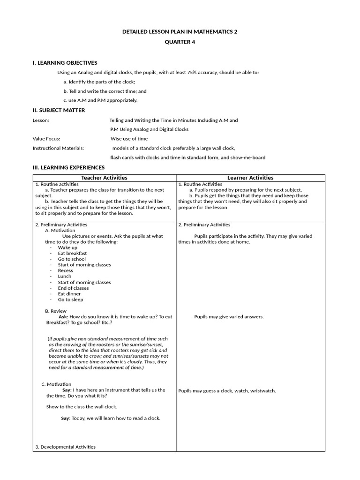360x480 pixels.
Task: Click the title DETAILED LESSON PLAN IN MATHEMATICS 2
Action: tap(180, 31)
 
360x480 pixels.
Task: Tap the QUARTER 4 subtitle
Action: tap(180, 42)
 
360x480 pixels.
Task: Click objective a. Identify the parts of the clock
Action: tap(99, 82)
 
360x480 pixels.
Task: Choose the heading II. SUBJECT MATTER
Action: tap(59, 110)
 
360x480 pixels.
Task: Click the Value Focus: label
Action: tap(46, 139)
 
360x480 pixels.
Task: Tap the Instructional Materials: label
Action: tap(58, 148)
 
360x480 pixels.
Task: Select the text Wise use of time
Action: tap(129, 139)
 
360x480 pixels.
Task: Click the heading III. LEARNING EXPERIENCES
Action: tap(68, 167)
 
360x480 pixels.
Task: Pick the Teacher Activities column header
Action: tap(104, 178)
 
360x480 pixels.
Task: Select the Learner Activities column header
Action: tap(250, 178)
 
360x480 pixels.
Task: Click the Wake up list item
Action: tap(67, 247)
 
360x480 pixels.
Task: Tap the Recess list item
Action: tap(65, 270)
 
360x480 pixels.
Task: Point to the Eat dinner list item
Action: tap(69, 294)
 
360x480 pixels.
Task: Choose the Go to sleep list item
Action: tap(70, 300)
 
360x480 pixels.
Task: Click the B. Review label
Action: tap(56, 311)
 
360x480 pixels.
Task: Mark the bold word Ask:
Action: tap(63, 317)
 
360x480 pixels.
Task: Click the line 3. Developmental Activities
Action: tap(65, 447)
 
